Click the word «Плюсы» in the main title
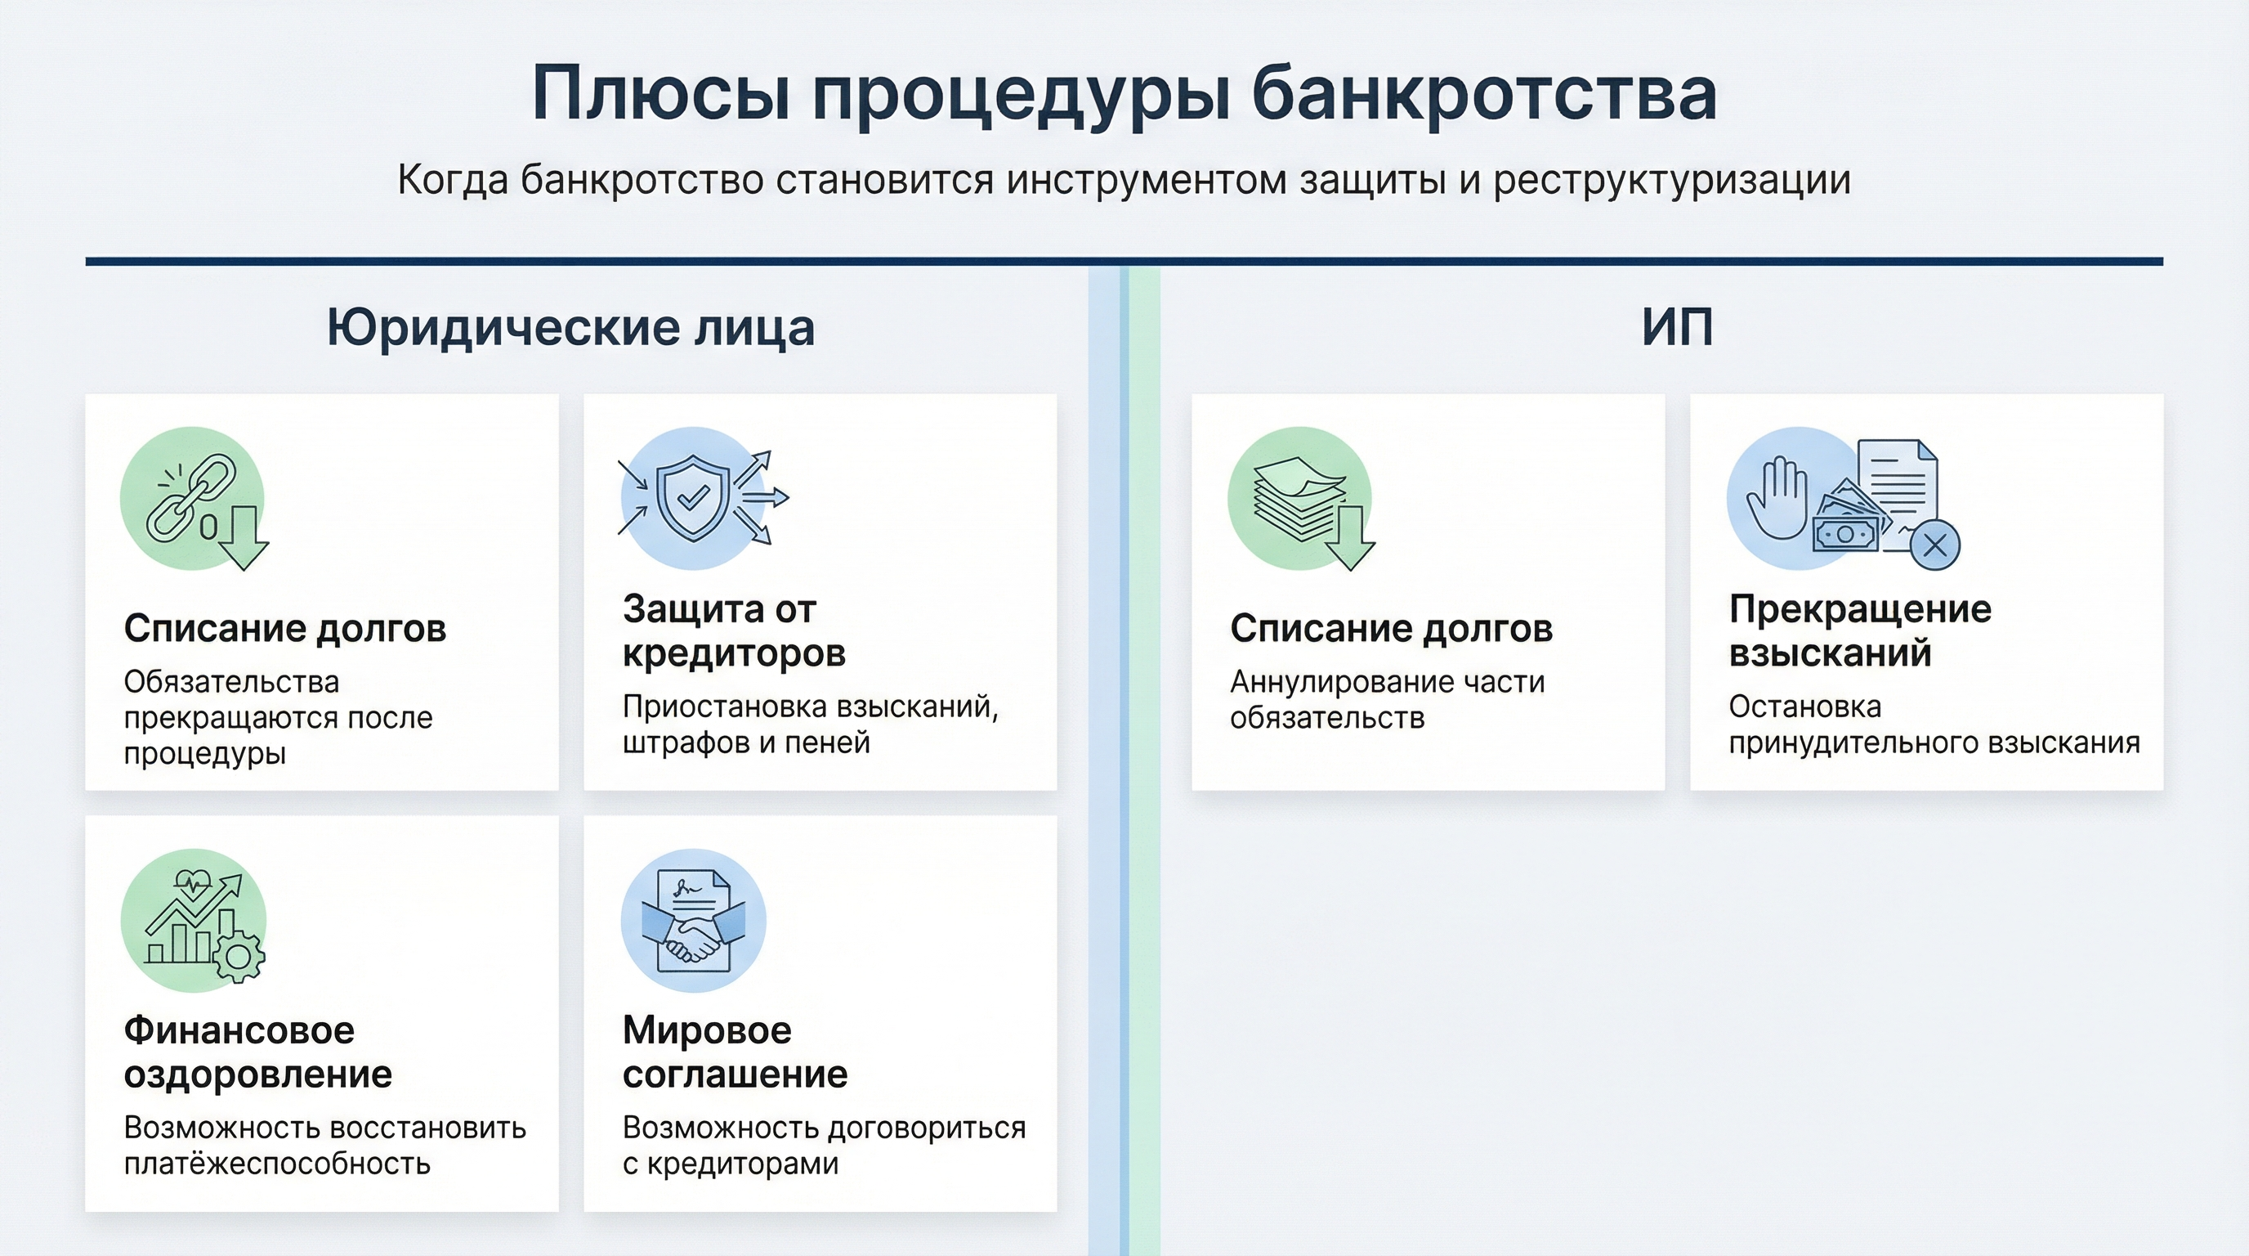coord(662,93)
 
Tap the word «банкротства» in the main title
coord(1484,92)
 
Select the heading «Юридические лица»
coord(571,329)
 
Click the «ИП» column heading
coord(1677,328)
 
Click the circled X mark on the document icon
coord(1935,546)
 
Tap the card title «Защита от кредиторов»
coord(734,630)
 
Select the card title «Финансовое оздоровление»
coord(258,1052)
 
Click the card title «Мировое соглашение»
coord(736,1052)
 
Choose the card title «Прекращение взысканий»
coord(1861,630)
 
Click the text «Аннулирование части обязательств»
coord(1388,700)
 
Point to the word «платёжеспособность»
coord(278,1164)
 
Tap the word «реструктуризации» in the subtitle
coord(1672,181)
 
